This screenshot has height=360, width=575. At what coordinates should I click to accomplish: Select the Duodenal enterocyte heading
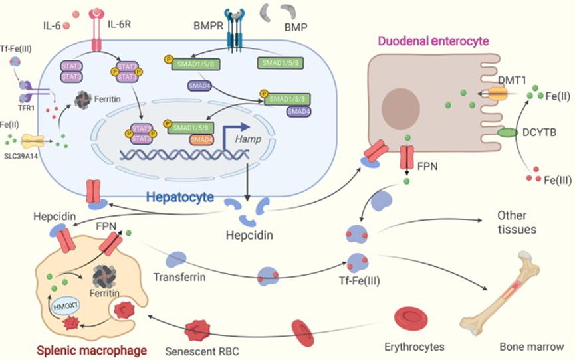tap(433, 41)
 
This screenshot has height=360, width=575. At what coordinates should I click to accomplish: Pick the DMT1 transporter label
tap(512, 80)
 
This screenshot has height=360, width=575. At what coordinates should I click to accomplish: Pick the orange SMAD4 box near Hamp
tap(201, 140)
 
